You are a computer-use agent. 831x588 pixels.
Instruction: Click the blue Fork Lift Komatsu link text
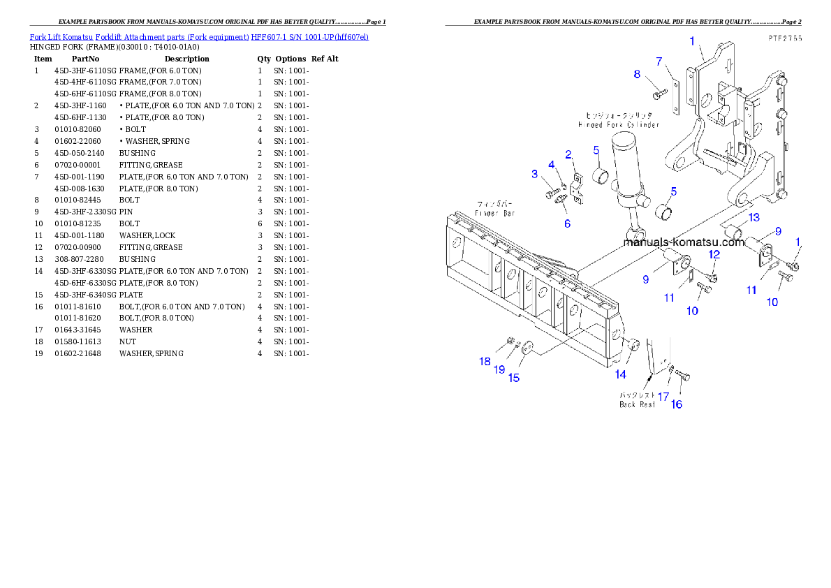pyautogui.click(x=199, y=36)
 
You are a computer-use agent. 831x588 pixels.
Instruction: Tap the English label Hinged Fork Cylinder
pyautogui.click(x=618, y=124)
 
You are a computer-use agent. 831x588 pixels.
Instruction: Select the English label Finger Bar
pyautogui.click(x=495, y=213)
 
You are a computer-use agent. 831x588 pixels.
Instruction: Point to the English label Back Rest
pyautogui.click(x=638, y=404)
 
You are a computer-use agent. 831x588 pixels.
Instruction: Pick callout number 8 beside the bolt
pyautogui.click(x=637, y=74)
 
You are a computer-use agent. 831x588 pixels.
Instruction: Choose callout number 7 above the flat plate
pyautogui.click(x=659, y=61)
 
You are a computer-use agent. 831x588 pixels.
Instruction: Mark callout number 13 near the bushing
pyautogui.click(x=753, y=217)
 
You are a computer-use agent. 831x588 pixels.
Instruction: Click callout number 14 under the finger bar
pyautogui.click(x=621, y=374)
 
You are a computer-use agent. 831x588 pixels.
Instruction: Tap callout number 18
pyautogui.click(x=485, y=361)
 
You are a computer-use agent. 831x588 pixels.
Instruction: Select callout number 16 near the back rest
pyautogui.click(x=677, y=404)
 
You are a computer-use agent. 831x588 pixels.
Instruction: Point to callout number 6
pyautogui.click(x=567, y=223)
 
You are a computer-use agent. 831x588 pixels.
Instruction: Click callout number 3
pyautogui.click(x=535, y=174)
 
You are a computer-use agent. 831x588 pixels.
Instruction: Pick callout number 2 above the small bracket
pyautogui.click(x=568, y=154)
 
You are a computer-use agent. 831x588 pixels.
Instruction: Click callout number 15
pyautogui.click(x=513, y=378)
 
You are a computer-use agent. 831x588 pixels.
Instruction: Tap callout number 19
pyautogui.click(x=499, y=369)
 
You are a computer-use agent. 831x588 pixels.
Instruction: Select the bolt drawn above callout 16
pyautogui.click(x=682, y=377)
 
